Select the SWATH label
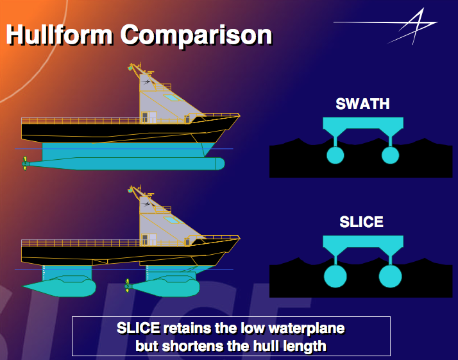[362, 104]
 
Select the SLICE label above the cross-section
[361, 223]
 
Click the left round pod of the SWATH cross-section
[335, 155]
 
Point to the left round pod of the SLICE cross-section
[335, 276]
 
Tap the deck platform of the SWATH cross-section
[362, 123]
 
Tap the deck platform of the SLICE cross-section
[362, 243]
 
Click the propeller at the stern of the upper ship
[25, 164]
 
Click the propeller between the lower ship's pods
[127, 284]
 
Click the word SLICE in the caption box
[138, 329]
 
